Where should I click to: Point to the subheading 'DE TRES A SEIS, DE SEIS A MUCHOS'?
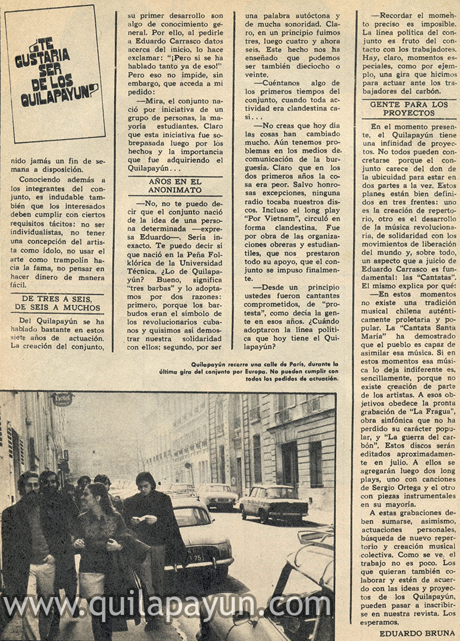pyautogui.click(x=58, y=303)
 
